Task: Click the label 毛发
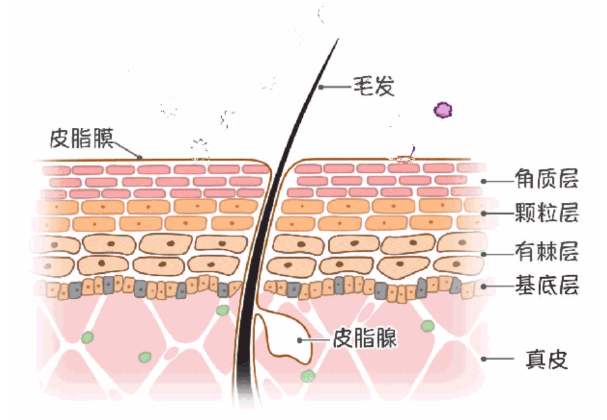pos(374,86)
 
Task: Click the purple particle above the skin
pos(443,110)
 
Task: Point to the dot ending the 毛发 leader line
pos(321,87)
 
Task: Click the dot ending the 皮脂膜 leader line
pos(140,157)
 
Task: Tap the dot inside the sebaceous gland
pos(300,339)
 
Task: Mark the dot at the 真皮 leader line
pos(484,358)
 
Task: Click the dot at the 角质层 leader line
pos(484,181)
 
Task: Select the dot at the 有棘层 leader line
pos(484,252)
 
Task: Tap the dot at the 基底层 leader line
pos(484,286)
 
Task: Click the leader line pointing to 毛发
pos(336,87)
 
